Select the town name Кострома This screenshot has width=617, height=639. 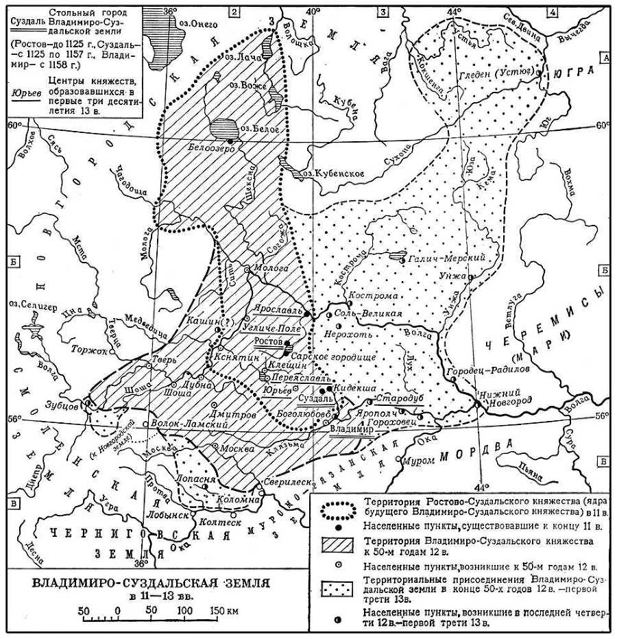[374, 296]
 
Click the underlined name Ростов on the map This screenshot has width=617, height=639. [268, 341]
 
